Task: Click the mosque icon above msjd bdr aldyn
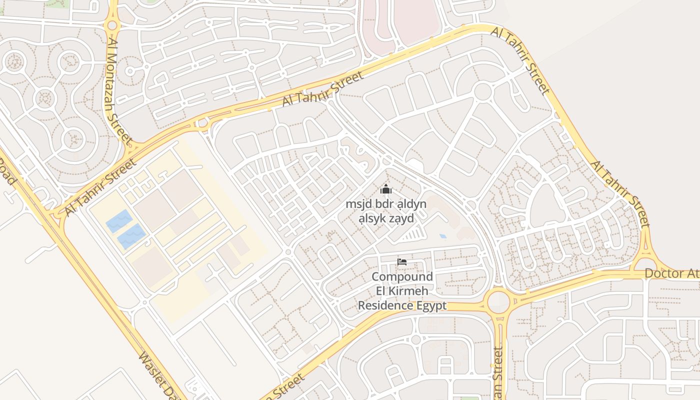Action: (x=385, y=189)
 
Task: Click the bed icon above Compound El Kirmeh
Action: (x=401, y=261)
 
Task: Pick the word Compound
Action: (x=402, y=276)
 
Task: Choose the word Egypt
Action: (x=431, y=305)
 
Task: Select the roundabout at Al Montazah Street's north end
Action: (x=112, y=25)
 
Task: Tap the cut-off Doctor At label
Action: (x=671, y=273)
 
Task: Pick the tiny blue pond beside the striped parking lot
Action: (x=443, y=236)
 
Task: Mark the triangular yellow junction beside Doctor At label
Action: (x=645, y=263)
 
